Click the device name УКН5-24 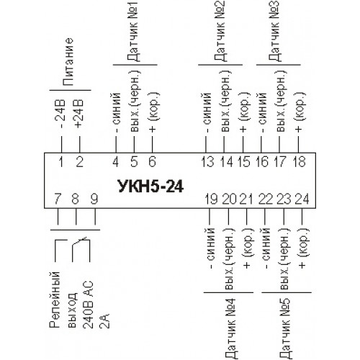[x=151, y=186]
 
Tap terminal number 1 [x=61, y=161]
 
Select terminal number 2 [x=79, y=161]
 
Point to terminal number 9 [x=94, y=199]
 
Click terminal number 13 [x=207, y=161]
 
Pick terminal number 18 [x=300, y=161]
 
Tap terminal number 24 [x=302, y=199]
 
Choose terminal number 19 [x=211, y=199]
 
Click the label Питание [x=68, y=61]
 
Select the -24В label [x=60, y=114]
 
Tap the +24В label [x=78, y=113]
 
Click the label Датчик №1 [x=132, y=31]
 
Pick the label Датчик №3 [x=274, y=31]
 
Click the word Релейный [x=55, y=300]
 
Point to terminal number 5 [x=134, y=161]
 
